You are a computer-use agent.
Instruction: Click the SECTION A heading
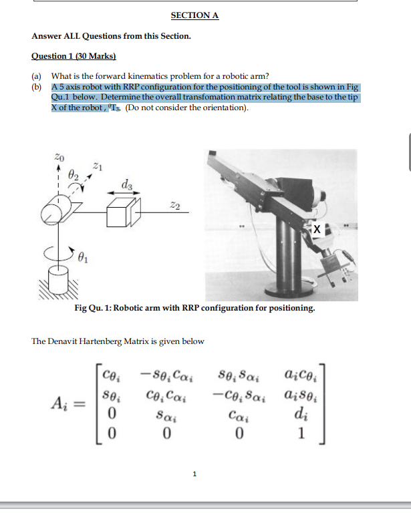[194, 15]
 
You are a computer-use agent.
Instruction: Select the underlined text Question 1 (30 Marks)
[74, 57]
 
